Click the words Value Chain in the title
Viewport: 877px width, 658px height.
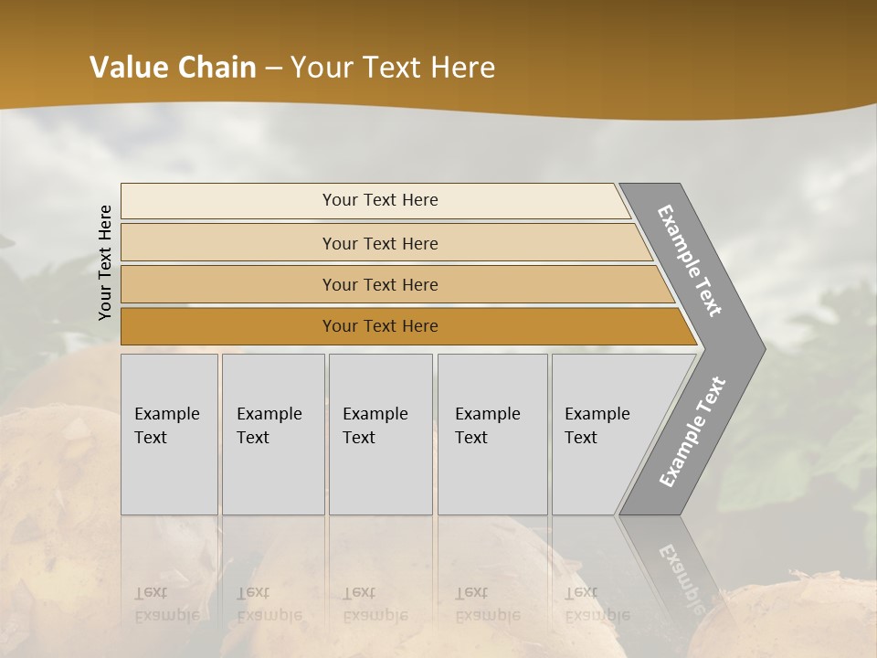[x=173, y=68]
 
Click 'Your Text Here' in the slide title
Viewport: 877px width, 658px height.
[x=393, y=68]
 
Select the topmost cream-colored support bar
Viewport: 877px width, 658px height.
[x=228, y=201]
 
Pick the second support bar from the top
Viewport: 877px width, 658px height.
[x=228, y=243]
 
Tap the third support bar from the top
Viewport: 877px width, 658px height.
[x=228, y=284]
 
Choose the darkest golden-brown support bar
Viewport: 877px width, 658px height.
[x=228, y=326]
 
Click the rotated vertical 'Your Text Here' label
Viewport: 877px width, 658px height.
[x=105, y=262]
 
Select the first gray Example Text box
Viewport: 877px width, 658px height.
[x=169, y=434]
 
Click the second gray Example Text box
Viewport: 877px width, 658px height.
[x=272, y=434]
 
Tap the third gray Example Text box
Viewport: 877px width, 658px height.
[x=380, y=434]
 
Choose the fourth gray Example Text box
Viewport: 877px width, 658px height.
[x=492, y=434]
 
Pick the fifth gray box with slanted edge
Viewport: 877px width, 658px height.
[x=603, y=434]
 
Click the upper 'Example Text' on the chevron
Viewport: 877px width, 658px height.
[x=690, y=260]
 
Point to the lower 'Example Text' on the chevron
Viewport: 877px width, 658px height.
[x=692, y=431]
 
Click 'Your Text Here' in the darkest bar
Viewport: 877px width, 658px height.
[x=380, y=326]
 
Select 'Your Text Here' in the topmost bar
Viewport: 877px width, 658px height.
[x=380, y=200]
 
